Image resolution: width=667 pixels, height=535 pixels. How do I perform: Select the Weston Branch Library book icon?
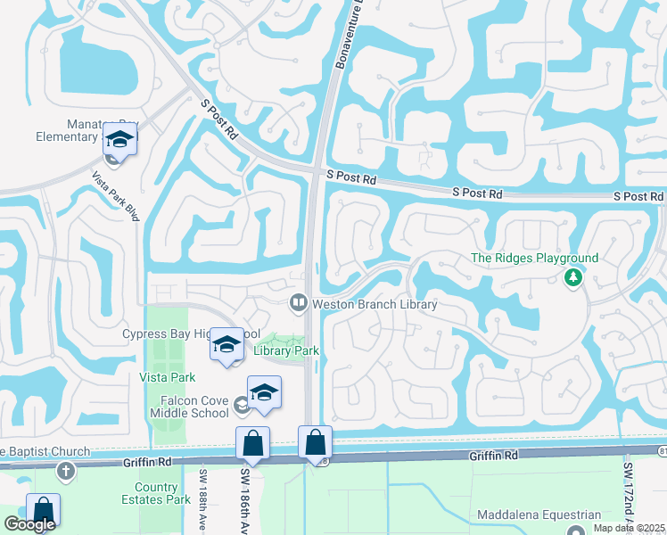pyautogui.click(x=299, y=304)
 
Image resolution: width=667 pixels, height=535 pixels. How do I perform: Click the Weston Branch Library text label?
pyautogui.click(x=375, y=304)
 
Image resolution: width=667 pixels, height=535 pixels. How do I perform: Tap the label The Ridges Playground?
pyautogui.click(x=534, y=259)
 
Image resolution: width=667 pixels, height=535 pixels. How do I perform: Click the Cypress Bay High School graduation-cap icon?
pyautogui.click(x=227, y=344)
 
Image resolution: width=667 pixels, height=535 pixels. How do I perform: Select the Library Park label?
pyautogui.click(x=285, y=351)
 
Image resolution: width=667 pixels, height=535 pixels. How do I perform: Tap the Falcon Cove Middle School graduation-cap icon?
pyautogui.click(x=265, y=393)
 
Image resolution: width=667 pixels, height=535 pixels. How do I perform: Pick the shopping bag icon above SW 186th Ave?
pyautogui.click(x=253, y=443)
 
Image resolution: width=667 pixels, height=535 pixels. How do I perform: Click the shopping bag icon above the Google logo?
pyautogui.click(x=43, y=510)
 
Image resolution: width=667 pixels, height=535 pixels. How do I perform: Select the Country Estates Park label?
pyautogui.click(x=162, y=493)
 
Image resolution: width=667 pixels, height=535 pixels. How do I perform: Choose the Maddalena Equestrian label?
pyautogui.click(x=539, y=514)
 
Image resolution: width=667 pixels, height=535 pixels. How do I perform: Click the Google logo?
pyautogui.click(x=29, y=524)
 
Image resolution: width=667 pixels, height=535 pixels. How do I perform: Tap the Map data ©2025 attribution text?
pyautogui.click(x=630, y=528)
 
